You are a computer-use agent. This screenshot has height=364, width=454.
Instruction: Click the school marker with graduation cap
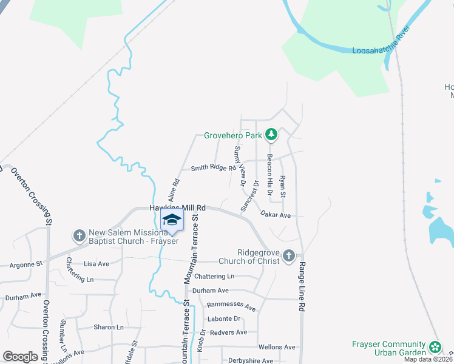172,221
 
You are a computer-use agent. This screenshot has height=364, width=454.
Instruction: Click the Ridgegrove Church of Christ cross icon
289,255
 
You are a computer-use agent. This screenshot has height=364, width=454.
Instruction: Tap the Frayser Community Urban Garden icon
435,347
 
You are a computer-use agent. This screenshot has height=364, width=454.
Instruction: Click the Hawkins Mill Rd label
178,207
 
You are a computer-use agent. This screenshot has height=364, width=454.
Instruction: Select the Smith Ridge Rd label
212,168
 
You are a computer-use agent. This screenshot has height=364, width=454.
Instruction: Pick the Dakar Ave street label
276,215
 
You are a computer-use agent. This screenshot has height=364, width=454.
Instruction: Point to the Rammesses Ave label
231,306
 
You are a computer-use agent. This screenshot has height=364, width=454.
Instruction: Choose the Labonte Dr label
225,318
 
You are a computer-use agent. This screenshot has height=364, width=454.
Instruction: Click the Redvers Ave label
228,332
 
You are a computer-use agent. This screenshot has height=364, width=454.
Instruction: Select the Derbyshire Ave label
249,360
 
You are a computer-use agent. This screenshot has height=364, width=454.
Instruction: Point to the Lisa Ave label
96,264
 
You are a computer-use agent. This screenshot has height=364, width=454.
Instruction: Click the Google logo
21,356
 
